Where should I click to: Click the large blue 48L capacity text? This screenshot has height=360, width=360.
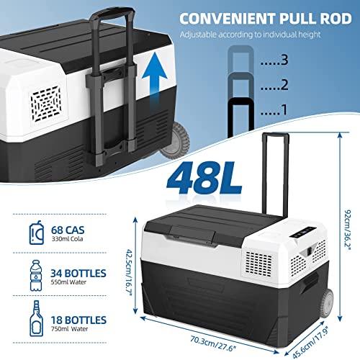[x=204, y=178]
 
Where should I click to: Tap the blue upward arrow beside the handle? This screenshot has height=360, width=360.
[x=154, y=79]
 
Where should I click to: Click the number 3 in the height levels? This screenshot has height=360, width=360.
[x=284, y=60]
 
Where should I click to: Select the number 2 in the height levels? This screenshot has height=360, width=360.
[x=284, y=85]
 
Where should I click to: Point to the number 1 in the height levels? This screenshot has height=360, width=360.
[x=284, y=109]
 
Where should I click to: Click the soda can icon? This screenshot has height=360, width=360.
[x=37, y=233]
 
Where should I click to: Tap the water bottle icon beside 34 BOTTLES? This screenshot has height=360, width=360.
[x=36, y=276]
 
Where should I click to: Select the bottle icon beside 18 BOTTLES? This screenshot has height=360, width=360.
[x=37, y=318]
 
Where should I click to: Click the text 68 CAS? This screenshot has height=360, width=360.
[x=68, y=230]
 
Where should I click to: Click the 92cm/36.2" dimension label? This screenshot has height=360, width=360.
[x=348, y=230]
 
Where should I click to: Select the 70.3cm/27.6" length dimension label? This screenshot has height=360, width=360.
[x=213, y=343]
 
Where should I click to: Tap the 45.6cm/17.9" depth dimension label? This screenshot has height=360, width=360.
[x=310, y=343]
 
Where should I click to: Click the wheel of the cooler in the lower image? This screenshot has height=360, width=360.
[x=327, y=303]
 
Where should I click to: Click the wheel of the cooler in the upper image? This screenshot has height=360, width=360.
[x=176, y=140]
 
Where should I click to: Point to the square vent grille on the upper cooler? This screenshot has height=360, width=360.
[x=46, y=104]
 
